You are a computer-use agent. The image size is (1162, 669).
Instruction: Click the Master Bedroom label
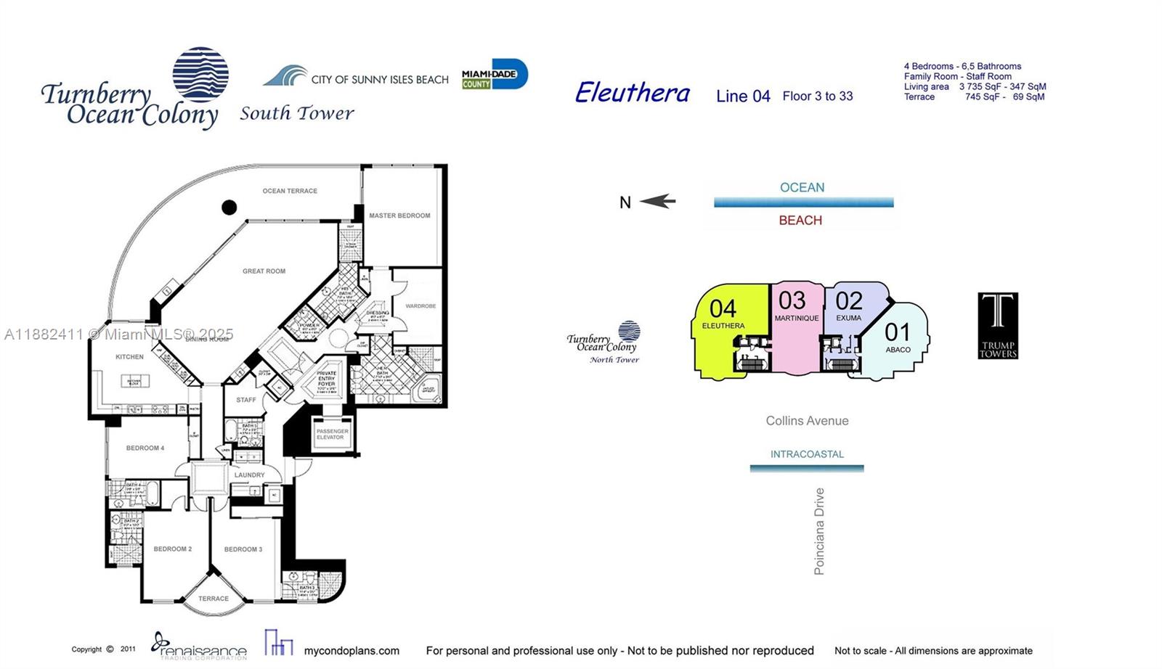click(399, 216)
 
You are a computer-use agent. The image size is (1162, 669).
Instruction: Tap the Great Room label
click(264, 271)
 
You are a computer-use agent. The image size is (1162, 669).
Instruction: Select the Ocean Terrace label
click(290, 191)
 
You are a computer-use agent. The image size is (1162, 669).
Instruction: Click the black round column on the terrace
click(229, 208)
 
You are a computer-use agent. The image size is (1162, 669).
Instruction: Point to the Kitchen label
click(129, 357)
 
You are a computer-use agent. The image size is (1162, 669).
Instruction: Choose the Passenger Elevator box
click(332, 435)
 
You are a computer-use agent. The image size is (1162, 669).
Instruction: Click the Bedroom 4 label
click(145, 448)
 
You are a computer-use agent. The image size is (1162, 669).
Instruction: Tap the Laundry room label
click(249, 475)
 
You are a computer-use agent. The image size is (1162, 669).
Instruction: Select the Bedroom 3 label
click(243, 549)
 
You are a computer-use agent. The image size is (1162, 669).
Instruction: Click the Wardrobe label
click(420, 306)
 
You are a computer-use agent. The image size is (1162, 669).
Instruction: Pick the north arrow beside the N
click(658, 202)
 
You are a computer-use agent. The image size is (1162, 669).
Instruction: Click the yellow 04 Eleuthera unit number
click(723, 309)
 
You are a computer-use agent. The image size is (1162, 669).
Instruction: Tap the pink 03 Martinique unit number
click(792, 300)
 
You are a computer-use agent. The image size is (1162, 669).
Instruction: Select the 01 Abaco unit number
click(897, 332)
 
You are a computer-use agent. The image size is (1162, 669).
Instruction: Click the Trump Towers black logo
click(998, 325)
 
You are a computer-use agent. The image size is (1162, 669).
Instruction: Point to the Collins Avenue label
click(807, 421)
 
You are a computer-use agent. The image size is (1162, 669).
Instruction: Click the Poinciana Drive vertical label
click(819, 531)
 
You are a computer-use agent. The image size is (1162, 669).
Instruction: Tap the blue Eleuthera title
click(632, 93)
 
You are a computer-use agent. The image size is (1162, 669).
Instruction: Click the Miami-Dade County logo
click(495, 75)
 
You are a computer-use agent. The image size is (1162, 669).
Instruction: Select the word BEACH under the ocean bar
click(800, 221)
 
